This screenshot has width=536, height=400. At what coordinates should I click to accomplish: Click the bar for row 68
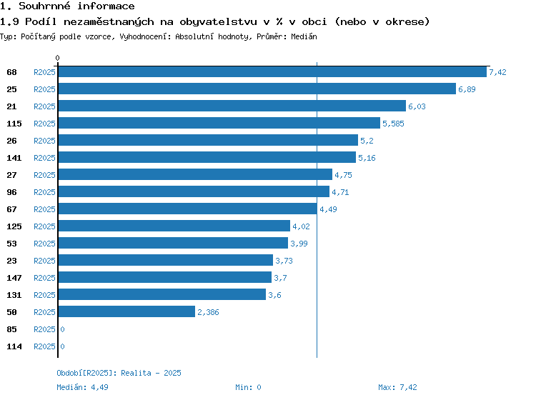tap(272, 71)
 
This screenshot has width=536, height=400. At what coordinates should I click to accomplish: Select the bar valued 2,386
tap(126, 311)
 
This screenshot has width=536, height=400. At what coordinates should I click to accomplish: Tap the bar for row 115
tap(219, 123)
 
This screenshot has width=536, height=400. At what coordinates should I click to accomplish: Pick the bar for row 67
tap(188, 209)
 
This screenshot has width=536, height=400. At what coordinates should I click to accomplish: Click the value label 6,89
tap(467, 89)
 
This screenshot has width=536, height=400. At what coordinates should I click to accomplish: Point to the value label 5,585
tap(393, 124)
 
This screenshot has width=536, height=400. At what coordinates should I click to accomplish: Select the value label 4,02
tap(301, 226)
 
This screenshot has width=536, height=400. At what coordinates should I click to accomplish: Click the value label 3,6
tap(274, 295)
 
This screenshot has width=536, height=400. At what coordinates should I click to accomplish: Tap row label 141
tap(14, 158)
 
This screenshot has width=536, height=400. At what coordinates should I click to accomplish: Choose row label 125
tap(14, 226)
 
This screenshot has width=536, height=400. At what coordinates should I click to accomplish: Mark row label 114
tap(14, 346)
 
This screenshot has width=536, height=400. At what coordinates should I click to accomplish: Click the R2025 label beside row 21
tap(44, 106)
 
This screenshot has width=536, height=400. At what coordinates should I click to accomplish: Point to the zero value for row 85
tap(62, 329)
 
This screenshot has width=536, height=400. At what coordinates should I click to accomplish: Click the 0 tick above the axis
tap(57, 58)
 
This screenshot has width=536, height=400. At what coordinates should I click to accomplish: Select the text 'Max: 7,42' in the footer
tap(397, 387)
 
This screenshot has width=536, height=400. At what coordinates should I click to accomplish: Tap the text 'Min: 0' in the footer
tap(248, 387)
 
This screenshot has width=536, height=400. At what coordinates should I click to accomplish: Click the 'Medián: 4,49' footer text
tap(82, 387)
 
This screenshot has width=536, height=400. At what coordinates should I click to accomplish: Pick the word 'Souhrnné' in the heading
tap(44, 6)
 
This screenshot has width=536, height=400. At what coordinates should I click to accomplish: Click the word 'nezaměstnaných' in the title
tap(109, 22)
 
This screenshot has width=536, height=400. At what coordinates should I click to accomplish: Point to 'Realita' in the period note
tap(136, 373)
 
